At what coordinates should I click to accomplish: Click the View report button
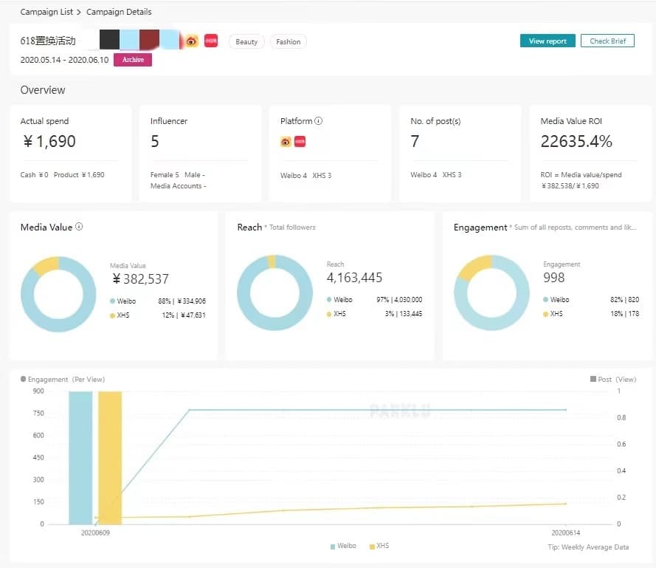pos(548,41)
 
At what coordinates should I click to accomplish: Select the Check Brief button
pos(607,41)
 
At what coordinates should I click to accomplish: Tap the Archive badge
pos(133,60)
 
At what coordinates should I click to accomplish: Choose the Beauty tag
pos(246,42)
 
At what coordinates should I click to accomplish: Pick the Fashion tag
pos(288,42)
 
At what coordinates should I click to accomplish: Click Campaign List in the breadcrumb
pos(45,12)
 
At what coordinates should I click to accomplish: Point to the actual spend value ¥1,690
pos(49,141)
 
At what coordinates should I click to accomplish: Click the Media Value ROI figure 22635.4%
pos(576,141)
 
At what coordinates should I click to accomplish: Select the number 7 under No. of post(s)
pos(415,141)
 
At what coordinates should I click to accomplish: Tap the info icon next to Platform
pos(319,121)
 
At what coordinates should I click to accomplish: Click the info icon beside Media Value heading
pos(79,227)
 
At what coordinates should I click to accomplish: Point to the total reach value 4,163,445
pos(354,278)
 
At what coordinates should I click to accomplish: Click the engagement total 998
pos(553,278)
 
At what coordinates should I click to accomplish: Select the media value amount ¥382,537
pos(140,278)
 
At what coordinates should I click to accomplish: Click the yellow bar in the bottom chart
pos(110,458)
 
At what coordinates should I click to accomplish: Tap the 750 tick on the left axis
pos(38,413)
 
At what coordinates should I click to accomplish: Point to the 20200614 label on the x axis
pos(566,533)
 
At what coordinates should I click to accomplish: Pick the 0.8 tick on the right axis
pos(621,418)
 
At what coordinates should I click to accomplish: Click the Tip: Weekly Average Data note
pos(589,547)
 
